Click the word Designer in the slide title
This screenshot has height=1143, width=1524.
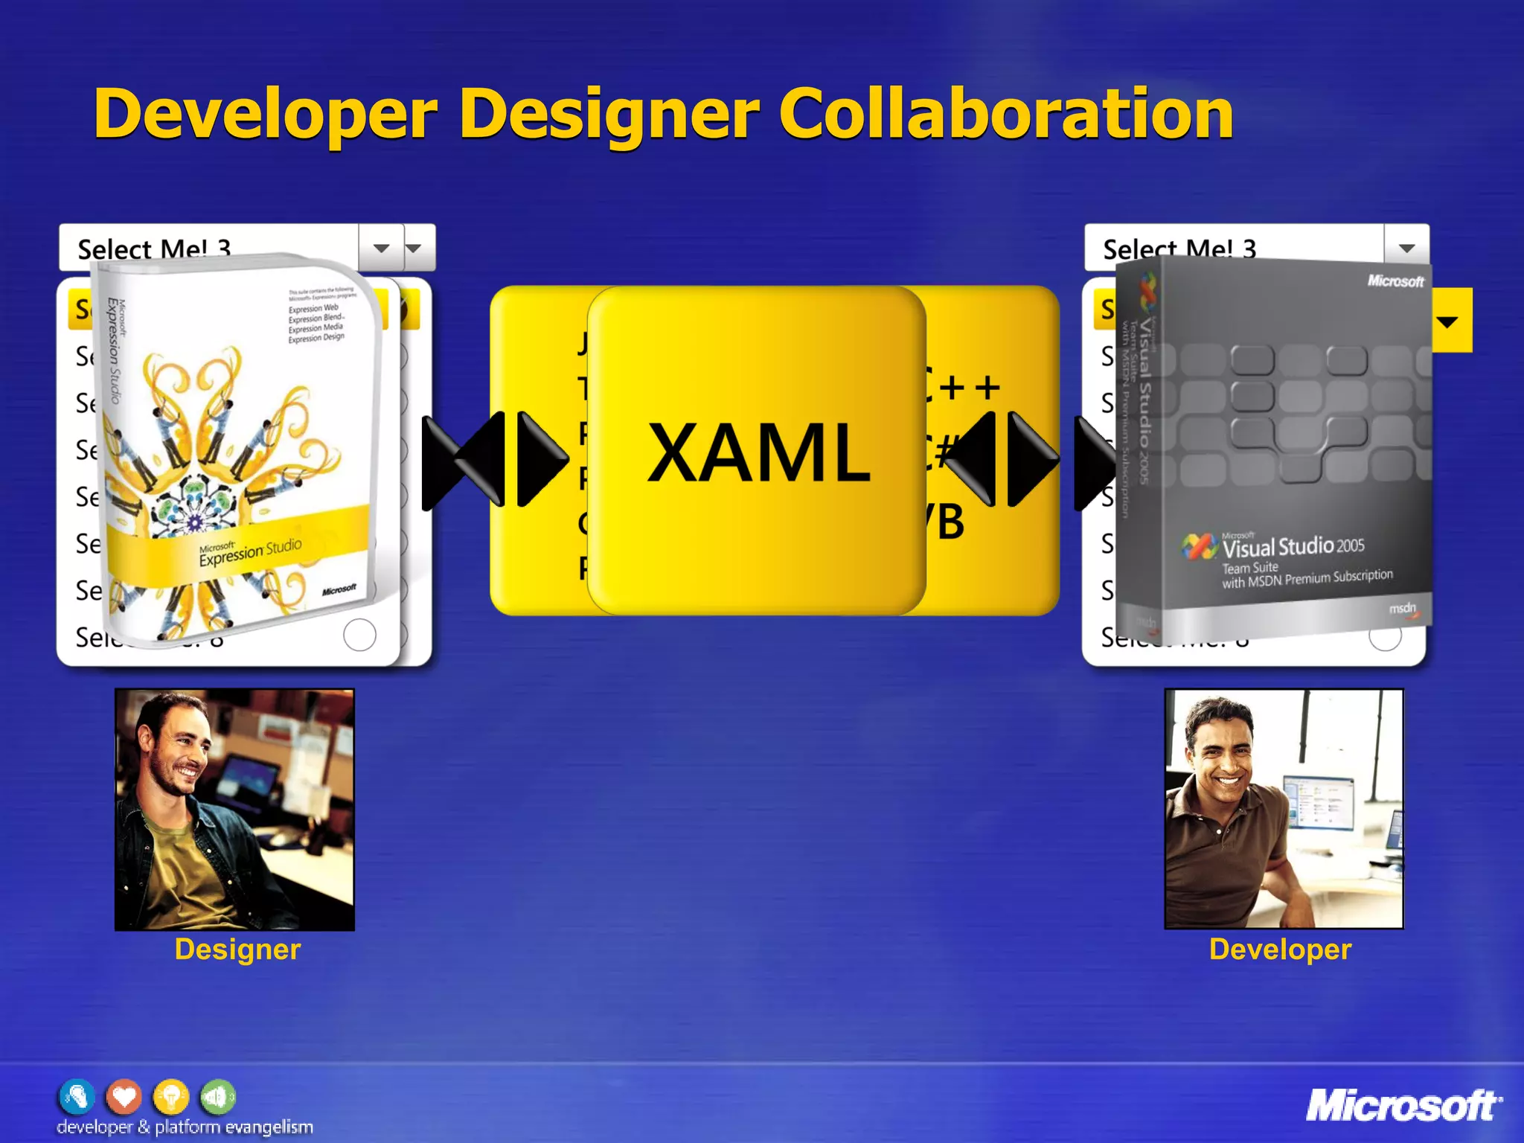609,115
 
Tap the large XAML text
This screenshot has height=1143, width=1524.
758,452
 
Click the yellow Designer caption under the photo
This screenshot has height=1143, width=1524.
237,950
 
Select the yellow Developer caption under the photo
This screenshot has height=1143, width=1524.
1280,950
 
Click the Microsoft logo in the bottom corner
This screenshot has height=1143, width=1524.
1403,1106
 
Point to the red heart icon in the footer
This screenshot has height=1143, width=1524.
124,1096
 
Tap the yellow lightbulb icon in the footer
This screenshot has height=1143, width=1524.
170,1096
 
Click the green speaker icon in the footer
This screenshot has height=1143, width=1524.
217,1096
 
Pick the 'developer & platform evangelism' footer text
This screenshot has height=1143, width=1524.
185,1127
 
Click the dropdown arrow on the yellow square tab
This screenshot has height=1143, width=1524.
1447,322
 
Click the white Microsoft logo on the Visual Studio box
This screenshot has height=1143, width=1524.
1395,281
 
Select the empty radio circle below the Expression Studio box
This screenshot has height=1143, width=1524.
359,635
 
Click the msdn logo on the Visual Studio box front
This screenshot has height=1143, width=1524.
1403,609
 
